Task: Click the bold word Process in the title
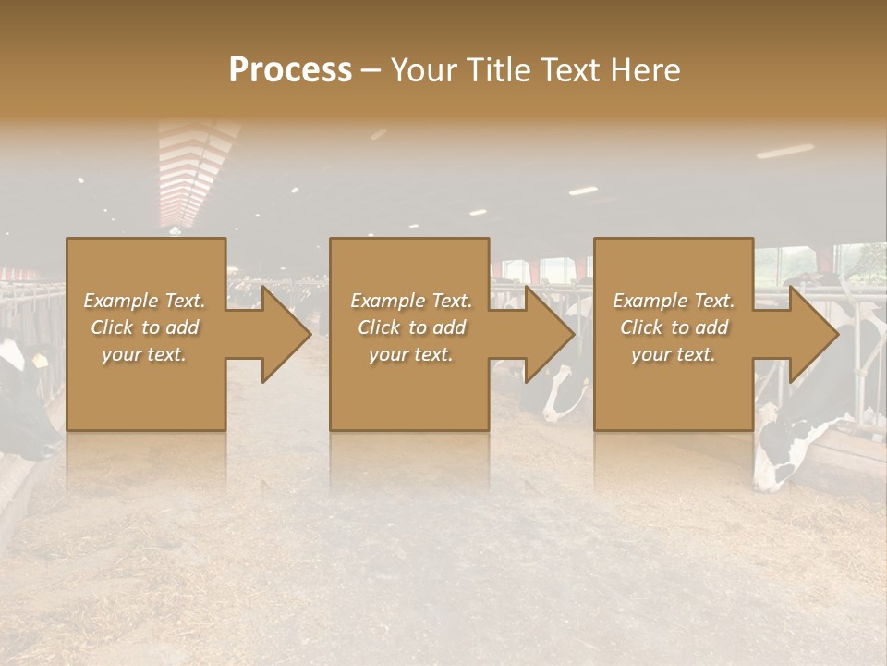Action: click(290, 70)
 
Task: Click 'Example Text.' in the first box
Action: click(144, 301)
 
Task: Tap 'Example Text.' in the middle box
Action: click(410, 301)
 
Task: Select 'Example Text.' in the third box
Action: click(674, 301)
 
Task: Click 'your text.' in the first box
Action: click(144, 354)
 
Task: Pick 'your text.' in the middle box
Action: click(410, 354)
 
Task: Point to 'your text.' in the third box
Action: click(674, 354)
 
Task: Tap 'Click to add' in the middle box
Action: click(410, 327)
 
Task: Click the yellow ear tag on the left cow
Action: click(41, 360)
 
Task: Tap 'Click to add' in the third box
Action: click(674, 327)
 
